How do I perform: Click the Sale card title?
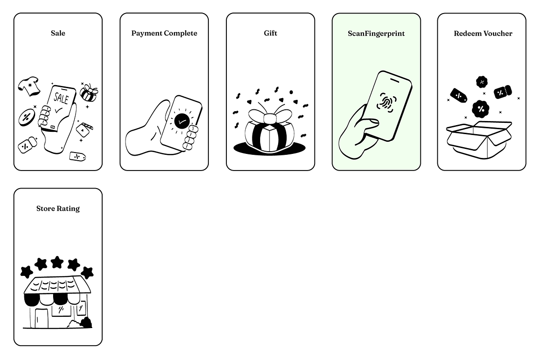coord(58,33)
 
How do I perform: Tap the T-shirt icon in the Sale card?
coord(29,86)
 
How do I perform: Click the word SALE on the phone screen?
coord(61,98)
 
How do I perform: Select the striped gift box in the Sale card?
coord(89,93)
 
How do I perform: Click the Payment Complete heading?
coord(164,33)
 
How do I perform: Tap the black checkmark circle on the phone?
coord(182,121)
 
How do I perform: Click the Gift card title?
coord(270,33)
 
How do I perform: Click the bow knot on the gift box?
coord(270,118)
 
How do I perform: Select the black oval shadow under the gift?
coord(269,148)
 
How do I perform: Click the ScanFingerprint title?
coord(376,33)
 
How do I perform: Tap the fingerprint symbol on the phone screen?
coord(387,103)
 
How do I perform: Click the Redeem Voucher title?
coord(483,33)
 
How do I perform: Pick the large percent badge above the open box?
coord(481,109)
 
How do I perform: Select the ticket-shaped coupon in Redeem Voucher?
coord(503,92)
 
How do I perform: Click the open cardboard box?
coord(479,140)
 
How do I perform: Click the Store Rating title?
coord(58,208)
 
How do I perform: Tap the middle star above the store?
coord(57,262)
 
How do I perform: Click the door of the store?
coord(41,318)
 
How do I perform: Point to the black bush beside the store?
coord(86,323)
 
